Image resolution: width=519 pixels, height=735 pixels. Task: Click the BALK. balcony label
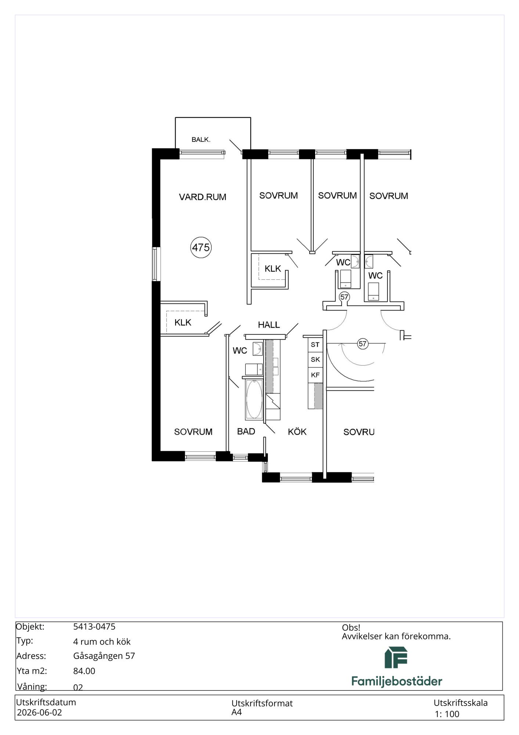point(201,140)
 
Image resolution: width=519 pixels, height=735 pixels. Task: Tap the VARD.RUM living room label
point(202,197)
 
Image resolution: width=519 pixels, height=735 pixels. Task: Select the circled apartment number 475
point(201,247)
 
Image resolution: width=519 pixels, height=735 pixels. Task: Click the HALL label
point(269,325)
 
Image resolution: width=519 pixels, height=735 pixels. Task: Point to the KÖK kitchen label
point(297,431)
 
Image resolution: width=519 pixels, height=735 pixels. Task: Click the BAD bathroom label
point(246,431)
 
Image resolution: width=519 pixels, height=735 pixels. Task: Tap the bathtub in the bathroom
point(254,399)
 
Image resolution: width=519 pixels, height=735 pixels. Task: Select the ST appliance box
point(315,345)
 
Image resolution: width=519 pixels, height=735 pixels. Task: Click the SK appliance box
point(315,360)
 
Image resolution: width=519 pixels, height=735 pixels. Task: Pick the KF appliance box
point(315,375)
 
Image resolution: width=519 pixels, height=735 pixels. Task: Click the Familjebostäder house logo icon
point(396,657)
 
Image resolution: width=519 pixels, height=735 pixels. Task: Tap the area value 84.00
point(84,671)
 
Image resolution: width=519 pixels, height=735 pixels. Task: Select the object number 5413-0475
point(94,627)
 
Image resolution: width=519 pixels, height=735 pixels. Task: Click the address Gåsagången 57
point(104,656)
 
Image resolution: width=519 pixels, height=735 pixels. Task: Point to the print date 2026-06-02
point(39,712)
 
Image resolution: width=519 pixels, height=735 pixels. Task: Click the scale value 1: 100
point(447,714)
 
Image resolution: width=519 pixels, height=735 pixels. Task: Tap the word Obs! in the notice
point(351,628)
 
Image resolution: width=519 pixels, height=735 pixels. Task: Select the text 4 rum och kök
point(102,642)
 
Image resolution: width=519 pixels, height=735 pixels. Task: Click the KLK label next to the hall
point(273,269)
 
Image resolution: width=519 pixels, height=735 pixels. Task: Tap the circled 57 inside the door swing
point(363,344)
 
